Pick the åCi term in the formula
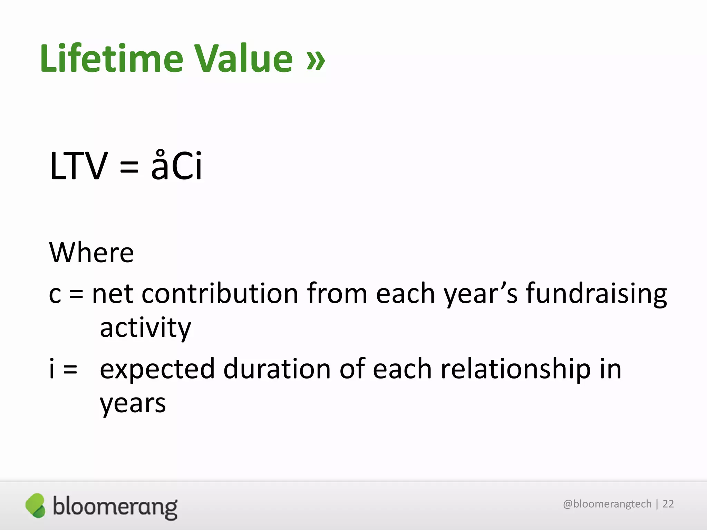(176, 166)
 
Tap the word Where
(91, 253)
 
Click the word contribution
(220, 293)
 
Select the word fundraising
(596, 294)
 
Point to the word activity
(145, 328)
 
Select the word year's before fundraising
(481, 294)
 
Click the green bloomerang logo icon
(35, 506)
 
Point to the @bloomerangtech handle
(607, 504)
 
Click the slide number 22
(668, 504)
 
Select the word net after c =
(112, 294)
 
